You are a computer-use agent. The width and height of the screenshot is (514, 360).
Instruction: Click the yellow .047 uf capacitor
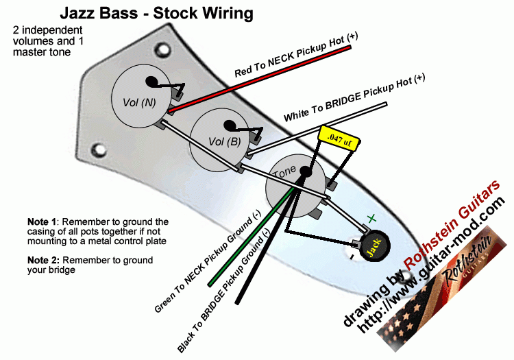pyautogui.click(x=334, y=136)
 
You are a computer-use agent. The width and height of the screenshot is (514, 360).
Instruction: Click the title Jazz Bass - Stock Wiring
pyautogui.click(x=156, y=13)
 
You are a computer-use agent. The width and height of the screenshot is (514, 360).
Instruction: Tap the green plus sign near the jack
pyautogui.click(x=371, y=219)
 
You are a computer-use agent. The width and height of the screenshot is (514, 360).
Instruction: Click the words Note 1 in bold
pyautogui.click(x=42, y=221)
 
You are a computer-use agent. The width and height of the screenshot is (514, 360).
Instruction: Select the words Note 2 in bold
pyautogui.click(x=42, y=261)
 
